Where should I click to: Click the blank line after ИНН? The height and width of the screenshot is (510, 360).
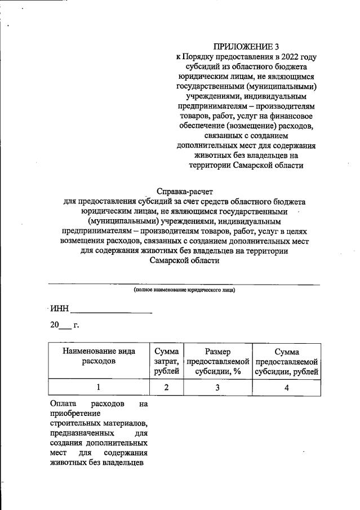coord(112,310)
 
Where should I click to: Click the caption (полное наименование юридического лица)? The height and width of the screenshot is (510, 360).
coord(184,290)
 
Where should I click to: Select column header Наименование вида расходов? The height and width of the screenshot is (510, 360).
coord(99,356)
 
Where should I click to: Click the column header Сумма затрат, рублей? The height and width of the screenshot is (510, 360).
coord(166,361)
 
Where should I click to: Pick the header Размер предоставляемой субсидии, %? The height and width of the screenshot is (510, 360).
coord(217,361)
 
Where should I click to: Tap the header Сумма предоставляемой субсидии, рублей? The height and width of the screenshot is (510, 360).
coord(287,361)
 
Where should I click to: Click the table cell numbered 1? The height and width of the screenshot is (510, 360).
coord(99,387)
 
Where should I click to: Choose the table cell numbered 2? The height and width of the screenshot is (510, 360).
coord(166,387)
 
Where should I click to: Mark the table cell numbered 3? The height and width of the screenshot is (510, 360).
coord(217,387)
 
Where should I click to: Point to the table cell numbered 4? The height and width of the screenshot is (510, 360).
coord(287,387)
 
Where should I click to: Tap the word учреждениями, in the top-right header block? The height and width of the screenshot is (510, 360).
coord(216,96)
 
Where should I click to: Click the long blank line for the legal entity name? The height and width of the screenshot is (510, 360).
coord(184,283)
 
